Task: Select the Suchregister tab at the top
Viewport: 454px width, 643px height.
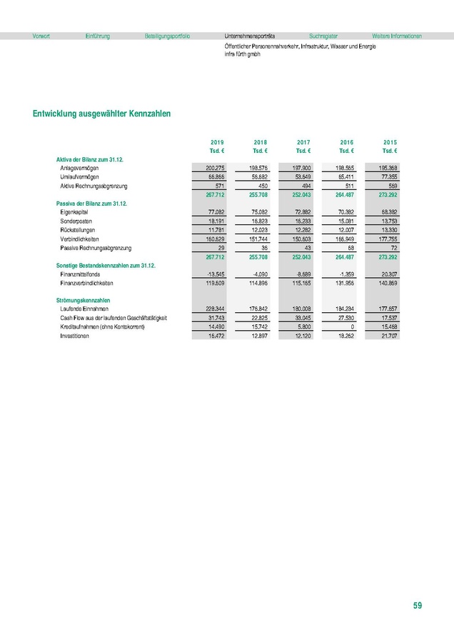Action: click(323, 36)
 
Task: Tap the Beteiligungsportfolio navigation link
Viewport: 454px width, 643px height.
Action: click(167, 36)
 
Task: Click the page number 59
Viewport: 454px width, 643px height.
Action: click(418, 606)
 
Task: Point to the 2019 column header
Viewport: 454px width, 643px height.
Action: click(218, 142)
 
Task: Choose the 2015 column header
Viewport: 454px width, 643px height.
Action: click(390, 142)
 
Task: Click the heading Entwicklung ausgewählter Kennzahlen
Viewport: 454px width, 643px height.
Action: click(101, 114)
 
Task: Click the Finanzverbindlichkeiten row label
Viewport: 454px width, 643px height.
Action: click(87, 283)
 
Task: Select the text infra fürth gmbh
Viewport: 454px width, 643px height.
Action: click(242, 54)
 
